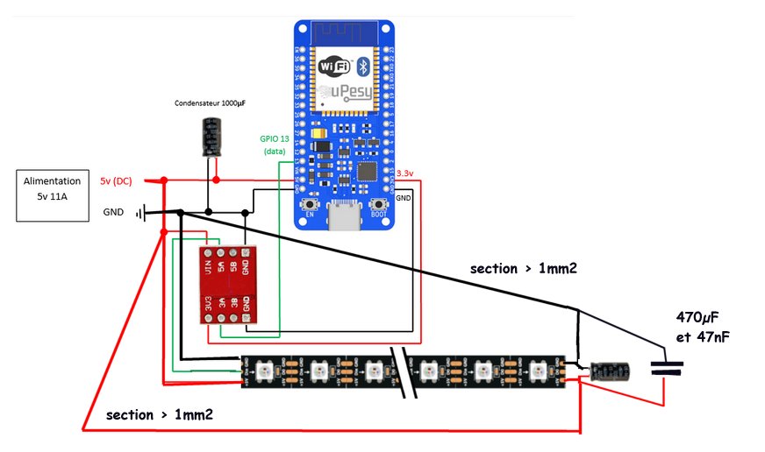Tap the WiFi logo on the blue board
click(x=335, y=67)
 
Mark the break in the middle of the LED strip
click(x=405, y=371)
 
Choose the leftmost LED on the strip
click(x=268, y=371)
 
